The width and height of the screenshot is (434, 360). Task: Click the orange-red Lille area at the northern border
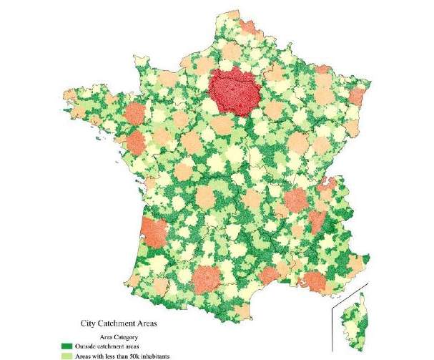(247, 28)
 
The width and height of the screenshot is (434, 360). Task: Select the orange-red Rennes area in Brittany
(134, 115)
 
